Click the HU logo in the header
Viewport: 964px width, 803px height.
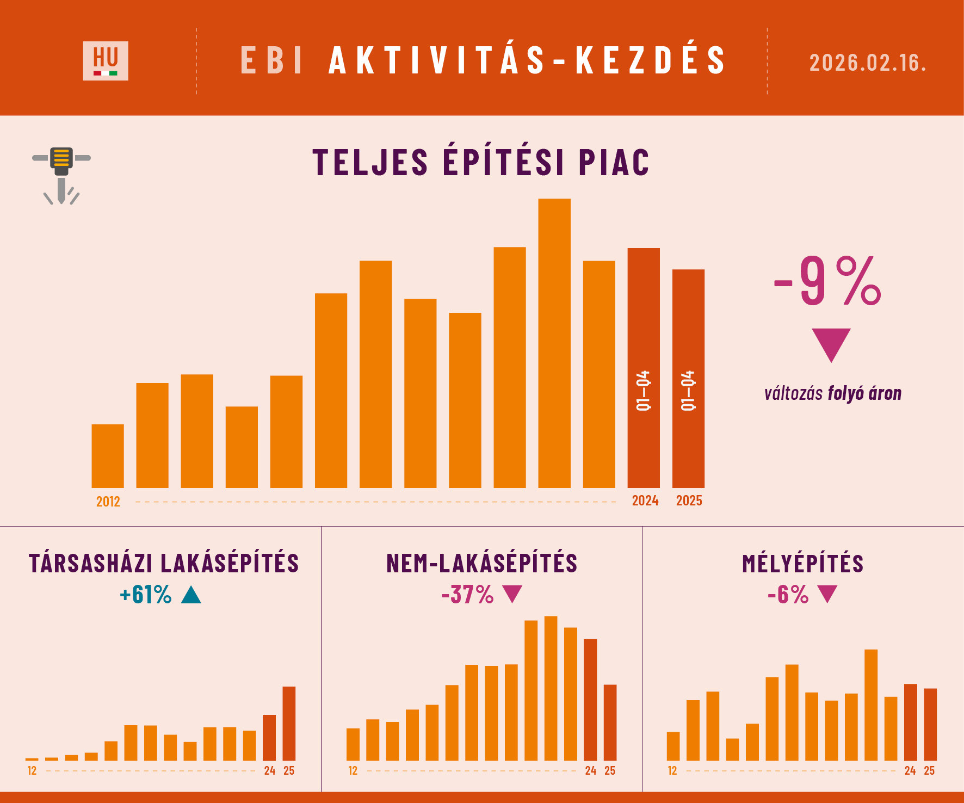click(x=106, y=60)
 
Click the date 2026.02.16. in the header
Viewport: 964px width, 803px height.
click(x=867, y=63)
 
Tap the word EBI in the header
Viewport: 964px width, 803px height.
click(x=271, y=60)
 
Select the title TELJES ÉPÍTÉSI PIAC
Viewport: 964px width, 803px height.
click(x=481, y=162)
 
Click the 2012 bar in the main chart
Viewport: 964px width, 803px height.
click(x=108, y=456)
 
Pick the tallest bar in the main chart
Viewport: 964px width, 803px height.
click(x=554, y=343)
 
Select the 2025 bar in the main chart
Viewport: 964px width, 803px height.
click(x=688, y=378)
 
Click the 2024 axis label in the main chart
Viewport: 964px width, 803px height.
click(x=645, y=501)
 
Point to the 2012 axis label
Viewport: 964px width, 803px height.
click(x=108, y=502)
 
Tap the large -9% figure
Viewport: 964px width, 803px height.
click(x=827, y=281)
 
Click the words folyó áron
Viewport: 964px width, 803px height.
click(x=864, y=393)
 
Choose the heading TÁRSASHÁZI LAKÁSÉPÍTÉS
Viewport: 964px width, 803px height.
click(x=164, y=564)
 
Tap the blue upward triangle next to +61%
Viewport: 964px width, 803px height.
click(x=191, y=595)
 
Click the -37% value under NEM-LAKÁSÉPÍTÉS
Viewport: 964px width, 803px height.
click(x=467, y=595)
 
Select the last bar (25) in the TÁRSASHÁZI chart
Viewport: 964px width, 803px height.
click(x=289, y=723)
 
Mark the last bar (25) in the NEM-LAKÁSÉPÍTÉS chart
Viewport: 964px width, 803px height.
click(x=610, y=722)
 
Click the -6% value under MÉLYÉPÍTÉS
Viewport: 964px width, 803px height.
click(x=788, y=595)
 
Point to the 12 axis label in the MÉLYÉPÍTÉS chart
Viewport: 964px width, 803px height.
click(x=672, y=770)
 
